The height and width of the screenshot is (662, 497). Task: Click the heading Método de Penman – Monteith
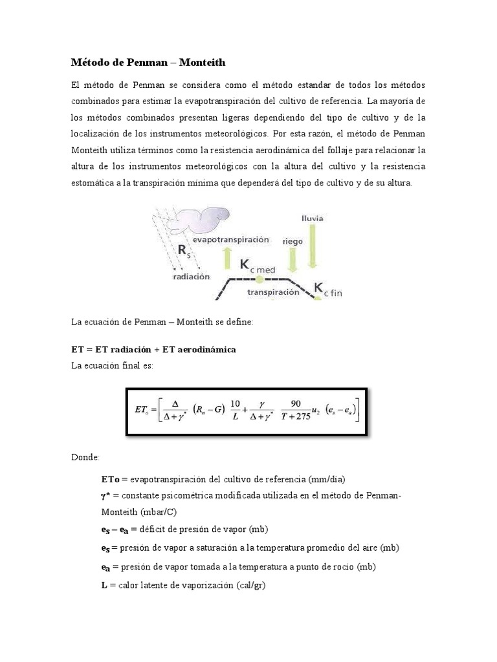(148, 63)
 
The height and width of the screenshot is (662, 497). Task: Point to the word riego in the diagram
(293, 240)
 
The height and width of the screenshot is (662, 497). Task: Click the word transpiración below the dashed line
(273, 292)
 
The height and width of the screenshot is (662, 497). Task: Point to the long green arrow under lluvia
(312, 246)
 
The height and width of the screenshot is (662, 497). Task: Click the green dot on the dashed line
(258, 279)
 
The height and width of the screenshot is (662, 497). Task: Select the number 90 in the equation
(296, 403)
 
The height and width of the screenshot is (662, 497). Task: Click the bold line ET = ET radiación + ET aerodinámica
(153, 349)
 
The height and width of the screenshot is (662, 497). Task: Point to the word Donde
(85, 457)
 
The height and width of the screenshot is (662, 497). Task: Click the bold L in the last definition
(104, 585)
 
